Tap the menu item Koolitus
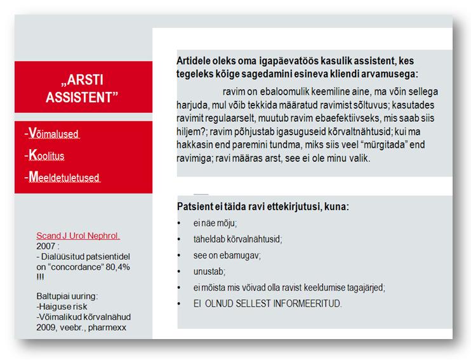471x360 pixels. tap(46, 156)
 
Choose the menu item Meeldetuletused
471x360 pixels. tap(63, 177)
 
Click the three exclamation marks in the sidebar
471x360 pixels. tap(40, 277)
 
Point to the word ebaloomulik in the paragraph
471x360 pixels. tap(273, 91)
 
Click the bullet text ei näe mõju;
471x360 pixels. tap(215, 224)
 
